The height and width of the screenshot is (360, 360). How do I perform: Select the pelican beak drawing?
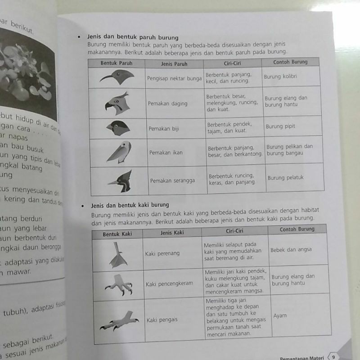point(119,152)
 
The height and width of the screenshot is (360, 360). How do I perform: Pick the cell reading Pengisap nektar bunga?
point(174,78)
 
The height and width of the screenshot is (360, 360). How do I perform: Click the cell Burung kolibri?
point(280,76)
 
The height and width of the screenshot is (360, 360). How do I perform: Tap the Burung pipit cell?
point(280,126)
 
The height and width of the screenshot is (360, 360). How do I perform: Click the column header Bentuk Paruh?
point(116,63)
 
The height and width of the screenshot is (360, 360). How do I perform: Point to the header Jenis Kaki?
point(172,233)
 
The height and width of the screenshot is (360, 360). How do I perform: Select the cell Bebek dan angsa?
point(291,250)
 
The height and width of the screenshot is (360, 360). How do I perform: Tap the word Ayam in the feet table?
point(279,315)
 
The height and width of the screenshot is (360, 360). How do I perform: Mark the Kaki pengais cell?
point(162,320)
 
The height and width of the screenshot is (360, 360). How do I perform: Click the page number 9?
point(333,357)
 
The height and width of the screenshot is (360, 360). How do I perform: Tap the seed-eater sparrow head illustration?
point(118,128)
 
